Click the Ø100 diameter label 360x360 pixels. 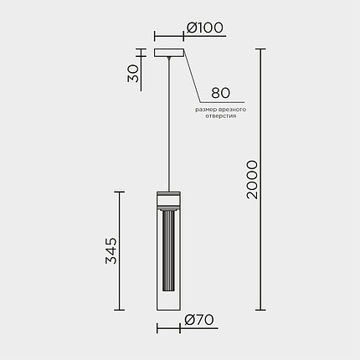205,28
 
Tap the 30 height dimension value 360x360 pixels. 133,74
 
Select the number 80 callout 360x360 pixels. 220,93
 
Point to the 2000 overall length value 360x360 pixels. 252,179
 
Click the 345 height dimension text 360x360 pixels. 111,250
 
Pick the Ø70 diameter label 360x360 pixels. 199,320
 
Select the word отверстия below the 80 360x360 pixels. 221,116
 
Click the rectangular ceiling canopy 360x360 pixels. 169,53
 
